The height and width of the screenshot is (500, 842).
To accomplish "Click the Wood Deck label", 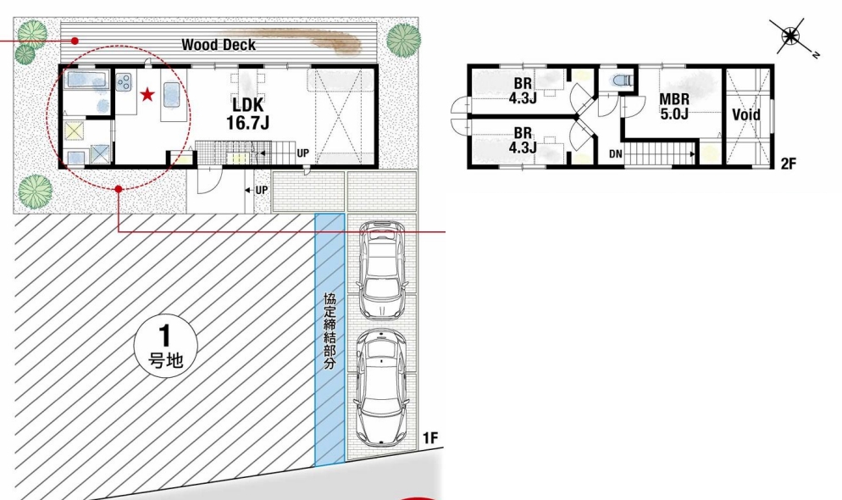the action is tap(218, 45).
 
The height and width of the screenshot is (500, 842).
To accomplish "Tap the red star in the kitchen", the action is tap(147, 96).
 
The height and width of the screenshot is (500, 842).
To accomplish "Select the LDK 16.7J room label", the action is tap(247, 114).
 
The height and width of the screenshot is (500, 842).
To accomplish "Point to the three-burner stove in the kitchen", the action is tap(124, 81).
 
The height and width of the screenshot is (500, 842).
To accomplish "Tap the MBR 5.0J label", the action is tap(674, 106).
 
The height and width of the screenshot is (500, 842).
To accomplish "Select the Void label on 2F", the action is tap(746, 115).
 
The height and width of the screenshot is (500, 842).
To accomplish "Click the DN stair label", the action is tap(615, 154).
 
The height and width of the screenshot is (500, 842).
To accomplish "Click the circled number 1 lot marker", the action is tap(165, 346).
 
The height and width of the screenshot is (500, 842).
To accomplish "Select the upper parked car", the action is tap(382, 269).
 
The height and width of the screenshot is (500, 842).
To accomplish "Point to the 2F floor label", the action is tap(788, 164).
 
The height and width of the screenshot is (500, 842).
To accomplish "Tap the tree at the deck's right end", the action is tap(403, 39).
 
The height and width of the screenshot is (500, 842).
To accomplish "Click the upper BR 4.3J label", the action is tap(523, 91).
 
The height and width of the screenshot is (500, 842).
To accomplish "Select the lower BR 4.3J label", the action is tap(523, 140).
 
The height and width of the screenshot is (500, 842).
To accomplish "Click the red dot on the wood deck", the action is tap(75, 41).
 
